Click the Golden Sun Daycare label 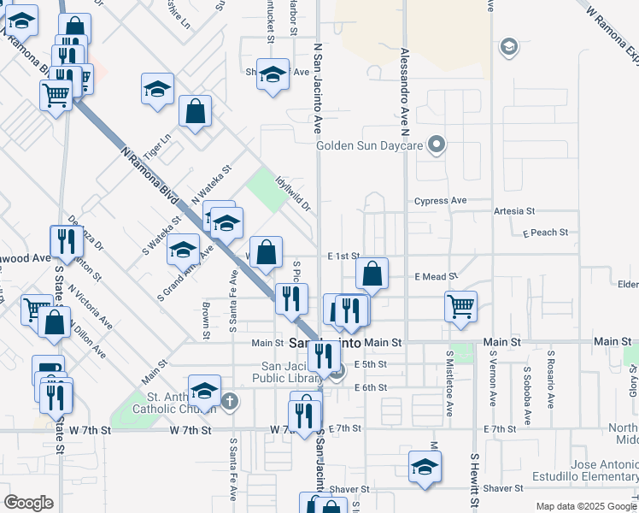click(370, 145)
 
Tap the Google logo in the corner click(28, 502)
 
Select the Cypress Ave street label click(440, 201)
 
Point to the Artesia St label click(513, 210)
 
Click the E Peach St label click(545, 233)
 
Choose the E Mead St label click(437, 277)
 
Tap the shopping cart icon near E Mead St click(460, 304)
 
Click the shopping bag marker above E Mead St click(372, 274)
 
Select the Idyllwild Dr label click(292, 194)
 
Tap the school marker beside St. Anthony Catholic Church click(204, 392)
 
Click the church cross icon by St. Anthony click(230, 400)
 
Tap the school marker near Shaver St click(424, 466)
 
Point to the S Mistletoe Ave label click(448, 381)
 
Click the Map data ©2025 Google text click(585, 506)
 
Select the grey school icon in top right click(510, 46)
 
